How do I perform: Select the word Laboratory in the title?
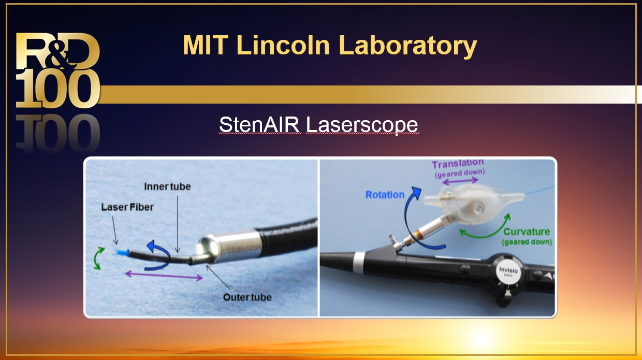(407, 47)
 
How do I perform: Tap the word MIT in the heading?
(206, 45)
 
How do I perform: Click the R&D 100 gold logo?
(58, 70)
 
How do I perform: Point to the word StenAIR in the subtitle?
(260, 124)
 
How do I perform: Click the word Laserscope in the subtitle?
(362, 125)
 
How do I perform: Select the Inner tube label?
(167, 186)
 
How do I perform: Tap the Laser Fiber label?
(127, 207)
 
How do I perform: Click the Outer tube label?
(247, 297)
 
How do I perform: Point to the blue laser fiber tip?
(122, 253)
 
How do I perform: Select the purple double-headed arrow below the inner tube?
(164, 276)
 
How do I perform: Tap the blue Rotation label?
(385, 195)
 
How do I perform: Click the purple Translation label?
(458, 164)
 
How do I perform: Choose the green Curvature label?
(527, 232)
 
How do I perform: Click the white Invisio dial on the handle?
(508, 271)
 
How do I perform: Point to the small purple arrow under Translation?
(460, 181)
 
